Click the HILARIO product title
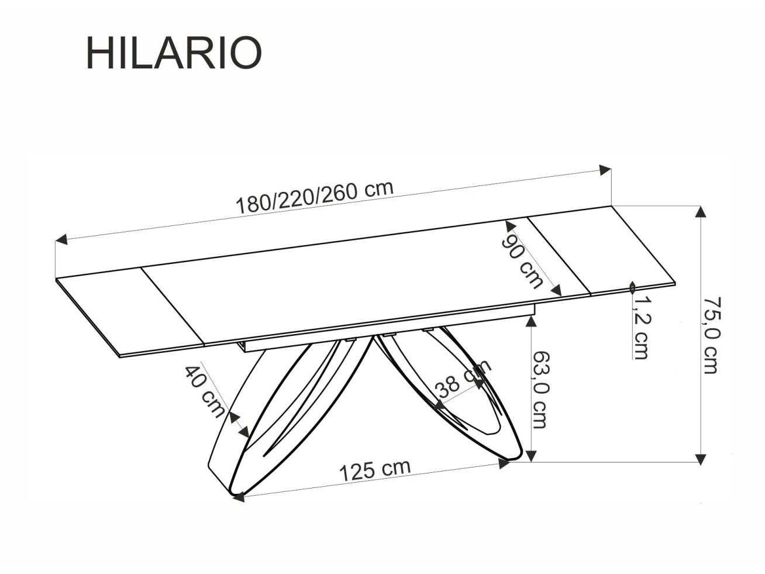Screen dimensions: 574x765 pos(174,53)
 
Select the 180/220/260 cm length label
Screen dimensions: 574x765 pos(314,197)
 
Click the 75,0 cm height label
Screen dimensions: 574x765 pos(712,335)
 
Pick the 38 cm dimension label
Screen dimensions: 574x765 pos(462,381)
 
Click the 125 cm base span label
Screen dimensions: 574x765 pos(375,470)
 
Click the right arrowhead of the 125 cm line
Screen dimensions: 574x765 pos(502,463)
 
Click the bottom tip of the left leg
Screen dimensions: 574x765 pos(237,497)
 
